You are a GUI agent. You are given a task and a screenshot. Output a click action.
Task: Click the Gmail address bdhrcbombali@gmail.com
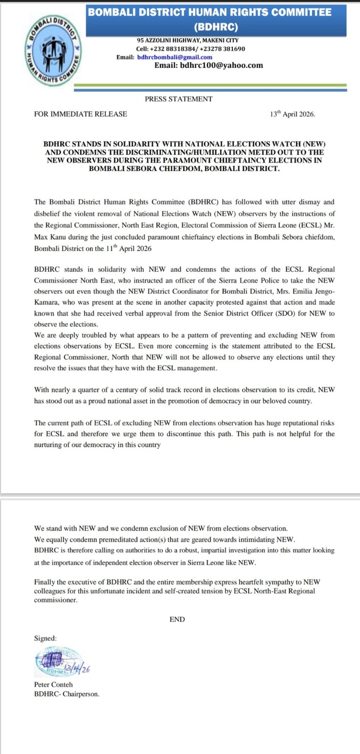pos(174,57)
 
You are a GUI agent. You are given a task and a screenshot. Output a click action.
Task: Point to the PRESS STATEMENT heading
pos(179,99)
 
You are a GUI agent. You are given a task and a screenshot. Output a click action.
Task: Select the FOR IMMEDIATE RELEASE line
pos(81,114)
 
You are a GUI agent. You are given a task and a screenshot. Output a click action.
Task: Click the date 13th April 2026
pos(292,114)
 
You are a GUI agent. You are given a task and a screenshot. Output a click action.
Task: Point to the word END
pos(177,619)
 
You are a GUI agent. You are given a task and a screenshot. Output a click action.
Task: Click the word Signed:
pos(45,638)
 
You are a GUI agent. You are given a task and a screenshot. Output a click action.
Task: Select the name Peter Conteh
pos(53,684)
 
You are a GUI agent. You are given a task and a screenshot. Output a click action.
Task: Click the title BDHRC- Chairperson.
pos(66,694)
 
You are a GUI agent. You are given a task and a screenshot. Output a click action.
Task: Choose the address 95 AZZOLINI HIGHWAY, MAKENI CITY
pos(188,41)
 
